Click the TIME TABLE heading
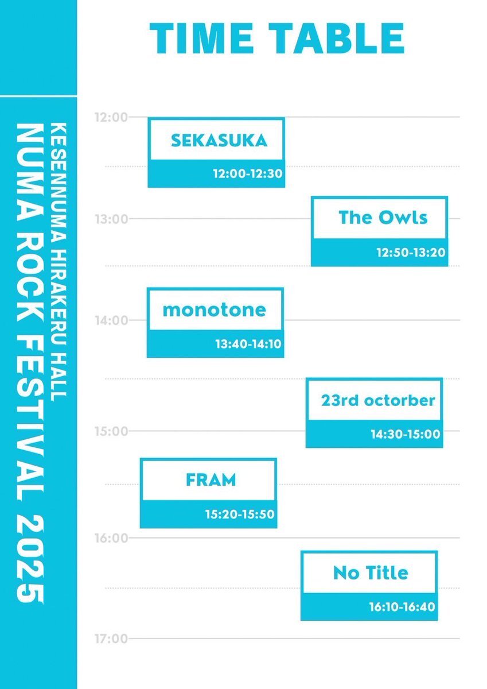point(277,39)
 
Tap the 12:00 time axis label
point(111,117)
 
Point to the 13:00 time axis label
point(111,219)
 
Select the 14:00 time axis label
point(111,320)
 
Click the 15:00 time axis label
point(111,432)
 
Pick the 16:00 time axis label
point(111,539)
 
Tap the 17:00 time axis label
point(111,639)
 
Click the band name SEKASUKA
point(219,141)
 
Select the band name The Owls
point(383,218)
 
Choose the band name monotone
point(214,309)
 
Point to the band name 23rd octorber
point(378,401)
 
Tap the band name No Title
point(371,573)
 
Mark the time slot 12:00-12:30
point(248,174)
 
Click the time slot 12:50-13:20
point(411,253)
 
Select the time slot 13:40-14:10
point(248,344)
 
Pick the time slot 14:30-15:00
point(406,434)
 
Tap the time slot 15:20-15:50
point(240,514)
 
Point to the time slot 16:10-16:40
point(402,607)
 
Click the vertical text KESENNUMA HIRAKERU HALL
point(59,262)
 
